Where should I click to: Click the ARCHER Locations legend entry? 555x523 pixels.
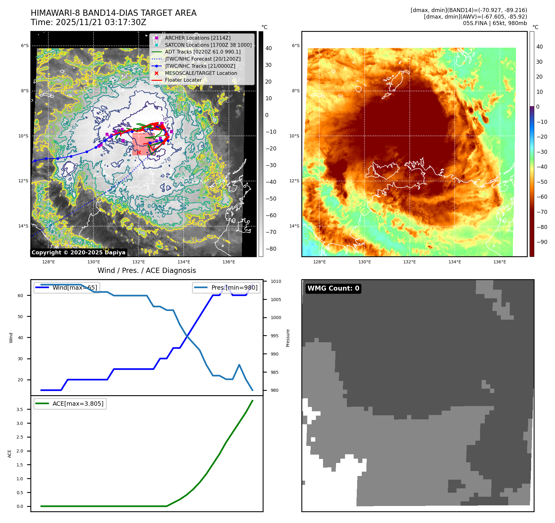pos(198,38)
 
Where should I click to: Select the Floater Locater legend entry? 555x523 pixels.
pos(183,80)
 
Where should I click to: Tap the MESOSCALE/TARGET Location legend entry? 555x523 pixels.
pos(201,73)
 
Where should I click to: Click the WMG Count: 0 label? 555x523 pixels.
pos(333,288)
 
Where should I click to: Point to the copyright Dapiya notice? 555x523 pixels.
pos(78,253)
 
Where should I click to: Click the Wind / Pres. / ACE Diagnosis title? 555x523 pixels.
pos(146,270)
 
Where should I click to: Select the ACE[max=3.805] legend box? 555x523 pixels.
pos(70,404)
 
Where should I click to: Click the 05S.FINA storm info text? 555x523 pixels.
pos(495,23)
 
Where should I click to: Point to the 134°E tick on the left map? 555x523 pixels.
pos(184,262)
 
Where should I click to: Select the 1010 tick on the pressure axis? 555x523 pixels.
pos(276,281)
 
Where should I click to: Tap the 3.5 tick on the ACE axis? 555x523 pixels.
pos(20,409)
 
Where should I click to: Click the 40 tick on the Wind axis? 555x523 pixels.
pos(20,338)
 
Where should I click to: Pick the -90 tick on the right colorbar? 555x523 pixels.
pos(542,242)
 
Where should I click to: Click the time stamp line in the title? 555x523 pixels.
pos(88,22)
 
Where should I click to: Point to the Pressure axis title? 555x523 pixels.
pos(288,338)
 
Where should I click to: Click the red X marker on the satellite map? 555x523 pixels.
pos(139,152)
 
